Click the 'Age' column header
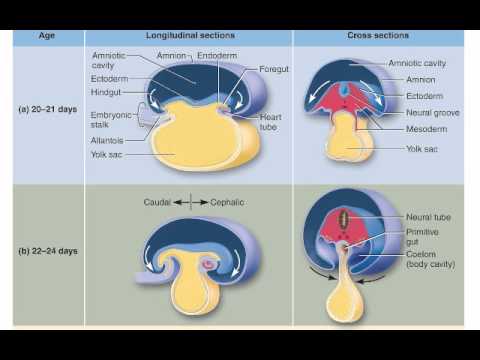47,35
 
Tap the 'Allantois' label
107,142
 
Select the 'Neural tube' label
427,216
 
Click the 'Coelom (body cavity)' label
431,259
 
